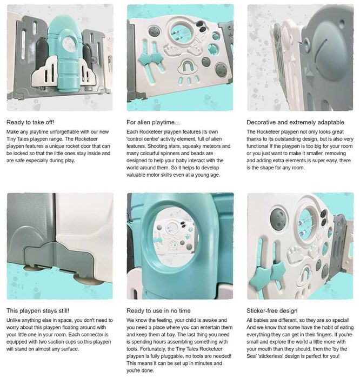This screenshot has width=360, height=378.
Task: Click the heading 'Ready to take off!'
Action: tap(30, 122)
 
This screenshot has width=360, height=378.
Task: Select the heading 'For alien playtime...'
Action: tap(153, 122)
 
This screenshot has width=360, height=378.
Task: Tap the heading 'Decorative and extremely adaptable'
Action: tap(295, 122)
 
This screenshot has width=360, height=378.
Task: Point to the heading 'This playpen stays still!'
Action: tap(38, 310)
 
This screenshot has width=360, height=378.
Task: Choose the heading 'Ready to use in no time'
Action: tap(158, 310)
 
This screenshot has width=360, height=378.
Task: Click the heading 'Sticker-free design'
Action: tap(272, 310)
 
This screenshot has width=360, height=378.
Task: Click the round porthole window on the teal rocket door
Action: tap(69, 45)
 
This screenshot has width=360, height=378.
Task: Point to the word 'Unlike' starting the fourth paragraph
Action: tap(14, 320)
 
